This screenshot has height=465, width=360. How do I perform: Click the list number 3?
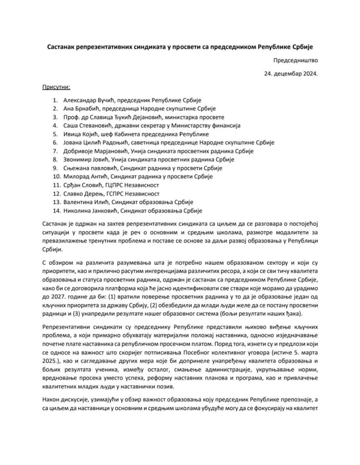[x=55, y=117]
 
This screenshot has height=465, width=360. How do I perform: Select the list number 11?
[x=56, y=185]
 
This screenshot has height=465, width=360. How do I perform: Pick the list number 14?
[x=56, y=211]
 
